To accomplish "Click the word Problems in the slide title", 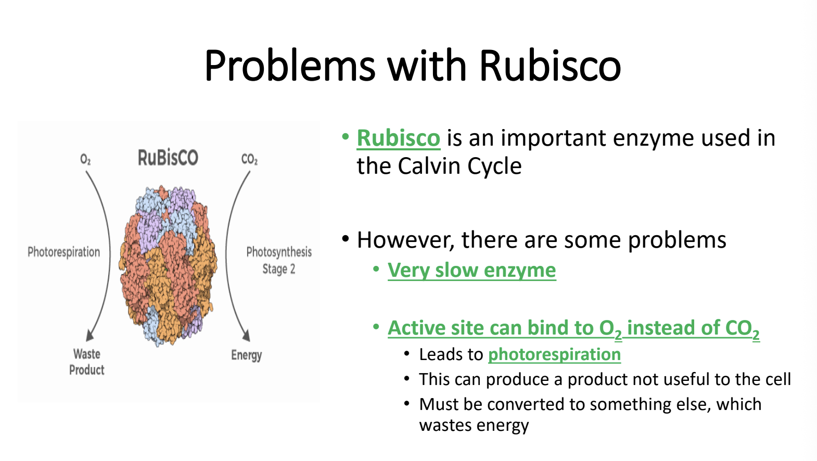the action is click(x=290, y=66).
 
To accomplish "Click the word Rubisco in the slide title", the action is click(x=550, y=65).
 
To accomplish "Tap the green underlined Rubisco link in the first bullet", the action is click(x=398, y=138).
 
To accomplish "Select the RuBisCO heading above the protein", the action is click(x=168, y=158).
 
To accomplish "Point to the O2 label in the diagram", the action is click(x=85, y=159).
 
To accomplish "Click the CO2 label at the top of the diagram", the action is click(x=249, y=159).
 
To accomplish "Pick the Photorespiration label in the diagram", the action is click(x=64, y=252).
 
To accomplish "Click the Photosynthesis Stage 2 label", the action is click(x=279, y=260).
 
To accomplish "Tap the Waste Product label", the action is click(x=87, y=362).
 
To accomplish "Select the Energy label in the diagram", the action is click(x=247, y=355).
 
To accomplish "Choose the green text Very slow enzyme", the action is click(x=471, y=271).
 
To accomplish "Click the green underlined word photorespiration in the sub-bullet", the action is click(x=554, y=355).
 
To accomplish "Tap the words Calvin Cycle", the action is click(x=459, y=167).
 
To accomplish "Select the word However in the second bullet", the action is click(x=405, y=241).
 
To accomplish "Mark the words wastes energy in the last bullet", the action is click(x=474, y=426).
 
